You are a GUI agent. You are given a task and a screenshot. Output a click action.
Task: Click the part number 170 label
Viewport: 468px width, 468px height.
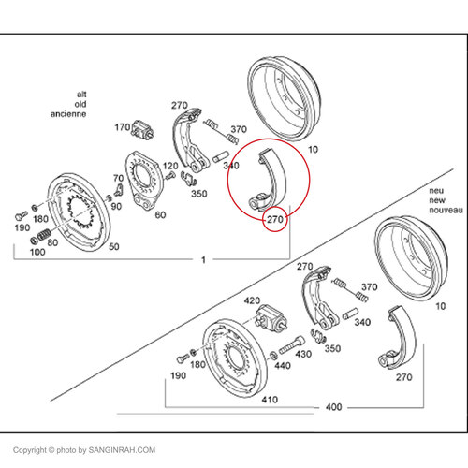click(x=123, y=127)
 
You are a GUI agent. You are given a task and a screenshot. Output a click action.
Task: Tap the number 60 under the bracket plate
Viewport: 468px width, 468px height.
click(x=160, y=214)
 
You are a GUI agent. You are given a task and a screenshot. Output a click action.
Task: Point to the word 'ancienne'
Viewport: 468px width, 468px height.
click(x=68, y=114)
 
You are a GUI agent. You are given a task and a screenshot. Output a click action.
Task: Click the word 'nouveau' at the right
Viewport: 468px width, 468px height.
click(x=446, y=210)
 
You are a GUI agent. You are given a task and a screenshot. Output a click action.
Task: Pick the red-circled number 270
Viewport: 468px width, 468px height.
click(x=275, y=219)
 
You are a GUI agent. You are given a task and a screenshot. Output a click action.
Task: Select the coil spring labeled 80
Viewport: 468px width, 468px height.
click(x=44, y=234)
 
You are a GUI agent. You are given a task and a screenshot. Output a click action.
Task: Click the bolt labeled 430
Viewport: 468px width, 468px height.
click(x=291, y=345)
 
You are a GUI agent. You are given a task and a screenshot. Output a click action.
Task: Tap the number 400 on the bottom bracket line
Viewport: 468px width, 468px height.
click(x=333, y=407)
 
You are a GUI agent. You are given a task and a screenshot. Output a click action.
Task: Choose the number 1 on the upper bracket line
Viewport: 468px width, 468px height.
click(x=203, y=259)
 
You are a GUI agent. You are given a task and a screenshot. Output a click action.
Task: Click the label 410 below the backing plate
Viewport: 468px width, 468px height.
click(x=270, y=400)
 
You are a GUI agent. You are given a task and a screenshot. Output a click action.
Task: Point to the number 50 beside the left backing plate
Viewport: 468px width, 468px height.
click(x=114, y=246)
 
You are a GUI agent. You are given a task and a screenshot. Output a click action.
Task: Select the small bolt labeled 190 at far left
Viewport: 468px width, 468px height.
click(x=21, y=215)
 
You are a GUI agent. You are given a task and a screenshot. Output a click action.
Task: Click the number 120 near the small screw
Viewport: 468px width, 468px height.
click(x=170, y=166)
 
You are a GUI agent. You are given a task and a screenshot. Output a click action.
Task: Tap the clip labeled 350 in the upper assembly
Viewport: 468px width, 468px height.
click(x=188, y=179)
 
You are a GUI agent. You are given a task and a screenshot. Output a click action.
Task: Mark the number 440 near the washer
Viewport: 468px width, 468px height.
click(x=283, y=365)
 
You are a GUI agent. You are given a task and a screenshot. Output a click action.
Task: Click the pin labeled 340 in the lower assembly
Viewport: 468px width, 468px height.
click(x=350, y=314)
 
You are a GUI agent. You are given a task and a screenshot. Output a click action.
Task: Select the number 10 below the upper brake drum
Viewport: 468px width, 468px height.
click(x=313, y=150)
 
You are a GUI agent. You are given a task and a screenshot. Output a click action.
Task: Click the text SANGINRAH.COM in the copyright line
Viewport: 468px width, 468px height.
click(x=122, y=450)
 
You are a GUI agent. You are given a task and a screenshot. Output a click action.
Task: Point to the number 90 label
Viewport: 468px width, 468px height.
click(x=116, y=206)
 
